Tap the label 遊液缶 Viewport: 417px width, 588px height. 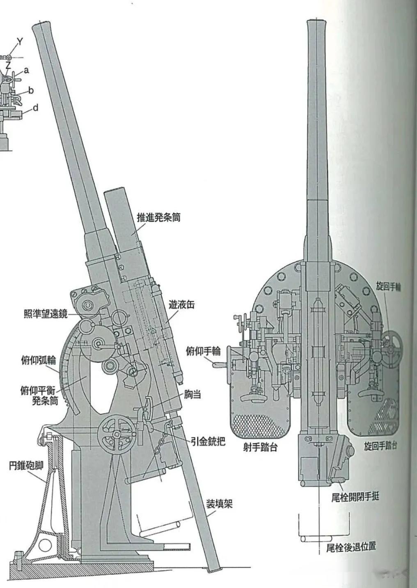[181, 305]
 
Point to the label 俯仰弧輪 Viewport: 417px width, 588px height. [38, 361]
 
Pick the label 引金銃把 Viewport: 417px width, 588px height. [208, 442]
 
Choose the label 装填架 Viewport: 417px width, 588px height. [219, 503]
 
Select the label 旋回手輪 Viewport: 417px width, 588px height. [388, 287]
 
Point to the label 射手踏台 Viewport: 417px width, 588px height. [260, 447]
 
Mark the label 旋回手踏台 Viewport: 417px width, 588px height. [380, 446]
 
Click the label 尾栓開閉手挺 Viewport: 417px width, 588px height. [355, 497]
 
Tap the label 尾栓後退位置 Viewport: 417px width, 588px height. [351, 547]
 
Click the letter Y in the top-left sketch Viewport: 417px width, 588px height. [20, 41]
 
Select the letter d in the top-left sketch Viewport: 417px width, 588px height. [36, 108]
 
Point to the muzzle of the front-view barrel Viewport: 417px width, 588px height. [318, 23]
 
